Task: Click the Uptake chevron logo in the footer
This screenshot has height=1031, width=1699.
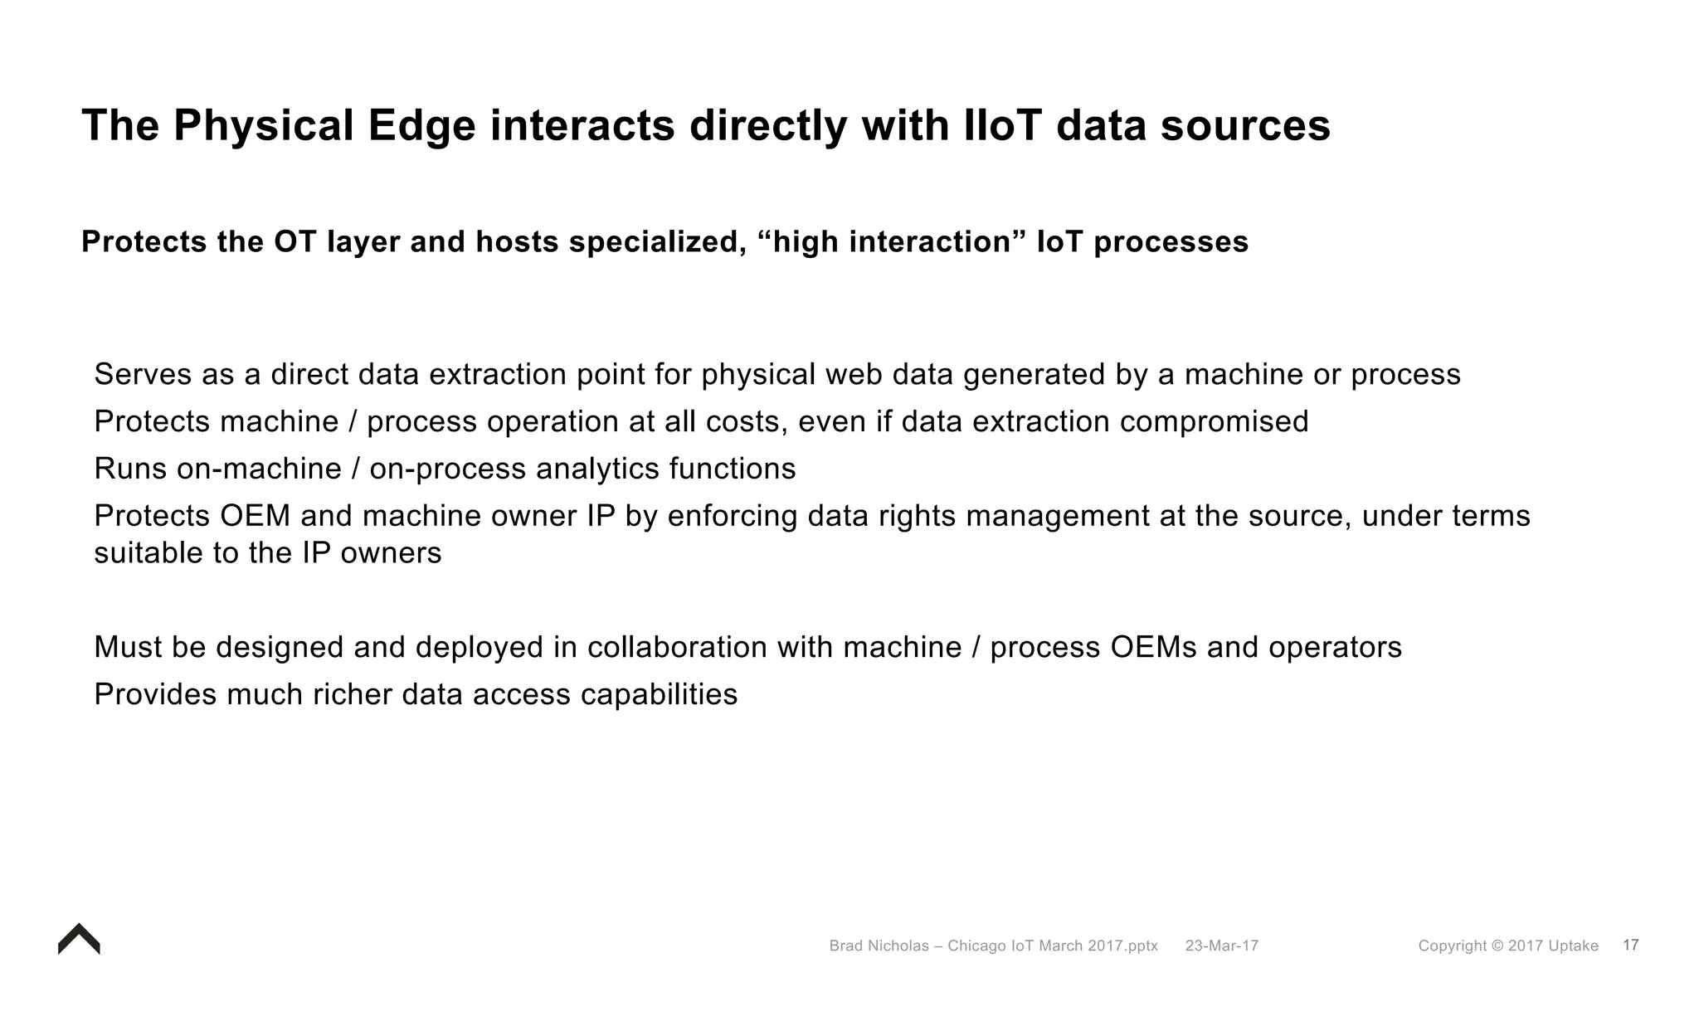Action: [x=79, y=940]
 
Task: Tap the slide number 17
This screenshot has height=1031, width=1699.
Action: [x=1630, y=945]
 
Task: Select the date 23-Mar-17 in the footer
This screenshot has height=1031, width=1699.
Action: [x=1221, y=946]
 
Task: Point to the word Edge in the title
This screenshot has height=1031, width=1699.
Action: [x=421, y=126]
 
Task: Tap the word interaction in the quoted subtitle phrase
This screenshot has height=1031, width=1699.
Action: [x=937, y=242]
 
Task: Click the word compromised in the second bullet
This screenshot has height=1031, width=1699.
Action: [x=1214, y=422]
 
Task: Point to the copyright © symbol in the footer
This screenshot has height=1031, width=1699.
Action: [x=1497, y=946]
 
